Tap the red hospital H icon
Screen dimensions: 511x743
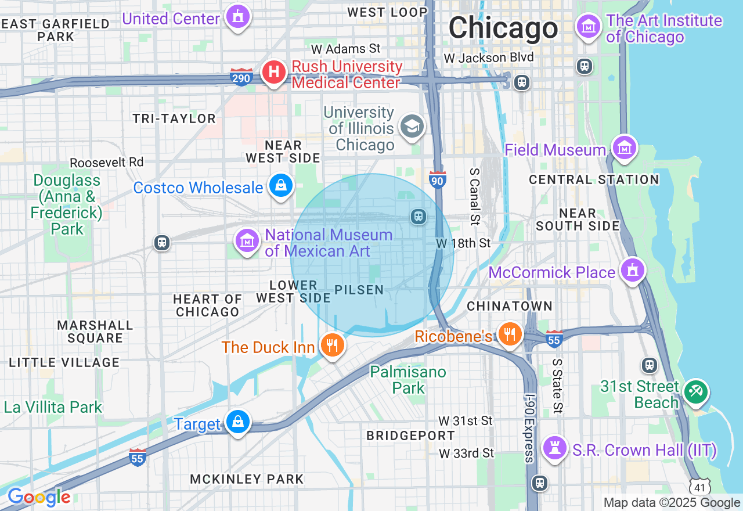click(x=273, y=73)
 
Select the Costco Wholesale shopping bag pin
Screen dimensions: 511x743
click(x=281, y=186)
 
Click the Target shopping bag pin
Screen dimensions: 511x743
click(x=237, y=422)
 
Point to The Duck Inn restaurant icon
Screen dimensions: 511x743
click(x=332, y=346)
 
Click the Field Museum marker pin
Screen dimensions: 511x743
click(x=624, y=149)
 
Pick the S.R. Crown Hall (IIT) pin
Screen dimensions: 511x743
click(x=555, y=448)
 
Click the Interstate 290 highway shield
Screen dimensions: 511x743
click(x=242, y=77)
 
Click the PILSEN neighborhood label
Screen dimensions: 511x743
click(x=359, y=290)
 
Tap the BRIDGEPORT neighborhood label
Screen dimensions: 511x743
click(x=410, y=436)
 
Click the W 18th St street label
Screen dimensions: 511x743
click(x=464, y=243)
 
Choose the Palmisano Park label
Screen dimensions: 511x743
click(x=408, y=380)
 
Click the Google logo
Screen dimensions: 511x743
click(x=39, y=498)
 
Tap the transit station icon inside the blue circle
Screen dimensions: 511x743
click(x=418, y=217)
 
